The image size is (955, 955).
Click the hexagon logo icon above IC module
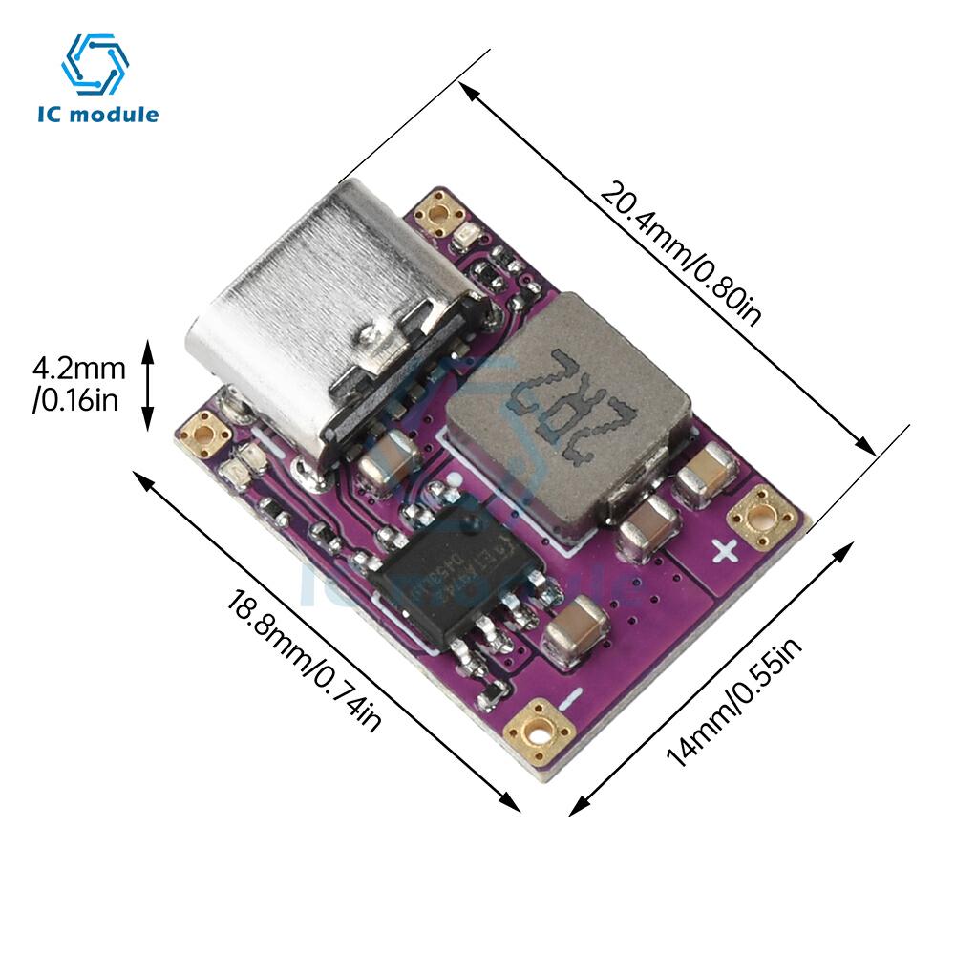95,64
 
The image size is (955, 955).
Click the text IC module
97,115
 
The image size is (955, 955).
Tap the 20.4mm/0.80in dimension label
680,254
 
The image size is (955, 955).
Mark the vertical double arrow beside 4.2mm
148,384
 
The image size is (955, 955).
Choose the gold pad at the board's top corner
439,212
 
